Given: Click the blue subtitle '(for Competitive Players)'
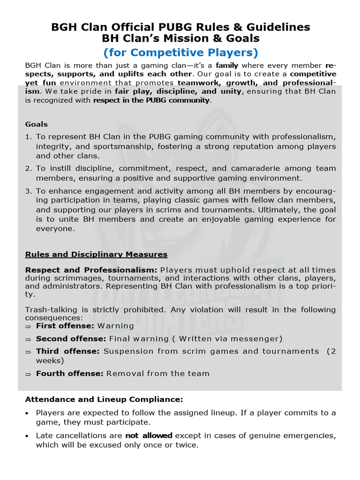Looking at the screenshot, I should (180, 52).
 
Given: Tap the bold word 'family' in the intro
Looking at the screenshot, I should (227, 65).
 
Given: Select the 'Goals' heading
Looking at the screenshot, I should (36, 124).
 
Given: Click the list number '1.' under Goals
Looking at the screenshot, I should (28, 137).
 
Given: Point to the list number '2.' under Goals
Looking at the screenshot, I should (28, 168).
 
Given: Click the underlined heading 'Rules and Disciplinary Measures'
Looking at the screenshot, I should (96, 255).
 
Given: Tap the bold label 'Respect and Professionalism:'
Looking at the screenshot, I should (91, 270).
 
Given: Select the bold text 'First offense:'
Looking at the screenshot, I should (65, 325).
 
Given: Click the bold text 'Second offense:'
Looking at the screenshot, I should (71, 338).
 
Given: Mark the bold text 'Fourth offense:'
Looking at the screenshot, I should (70, 374).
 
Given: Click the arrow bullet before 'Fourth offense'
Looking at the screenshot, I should (28, 374).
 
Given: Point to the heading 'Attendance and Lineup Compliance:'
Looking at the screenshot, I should (104, 400).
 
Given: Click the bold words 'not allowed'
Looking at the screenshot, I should (149, 435).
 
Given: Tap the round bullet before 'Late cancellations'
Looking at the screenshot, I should (27, 436).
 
